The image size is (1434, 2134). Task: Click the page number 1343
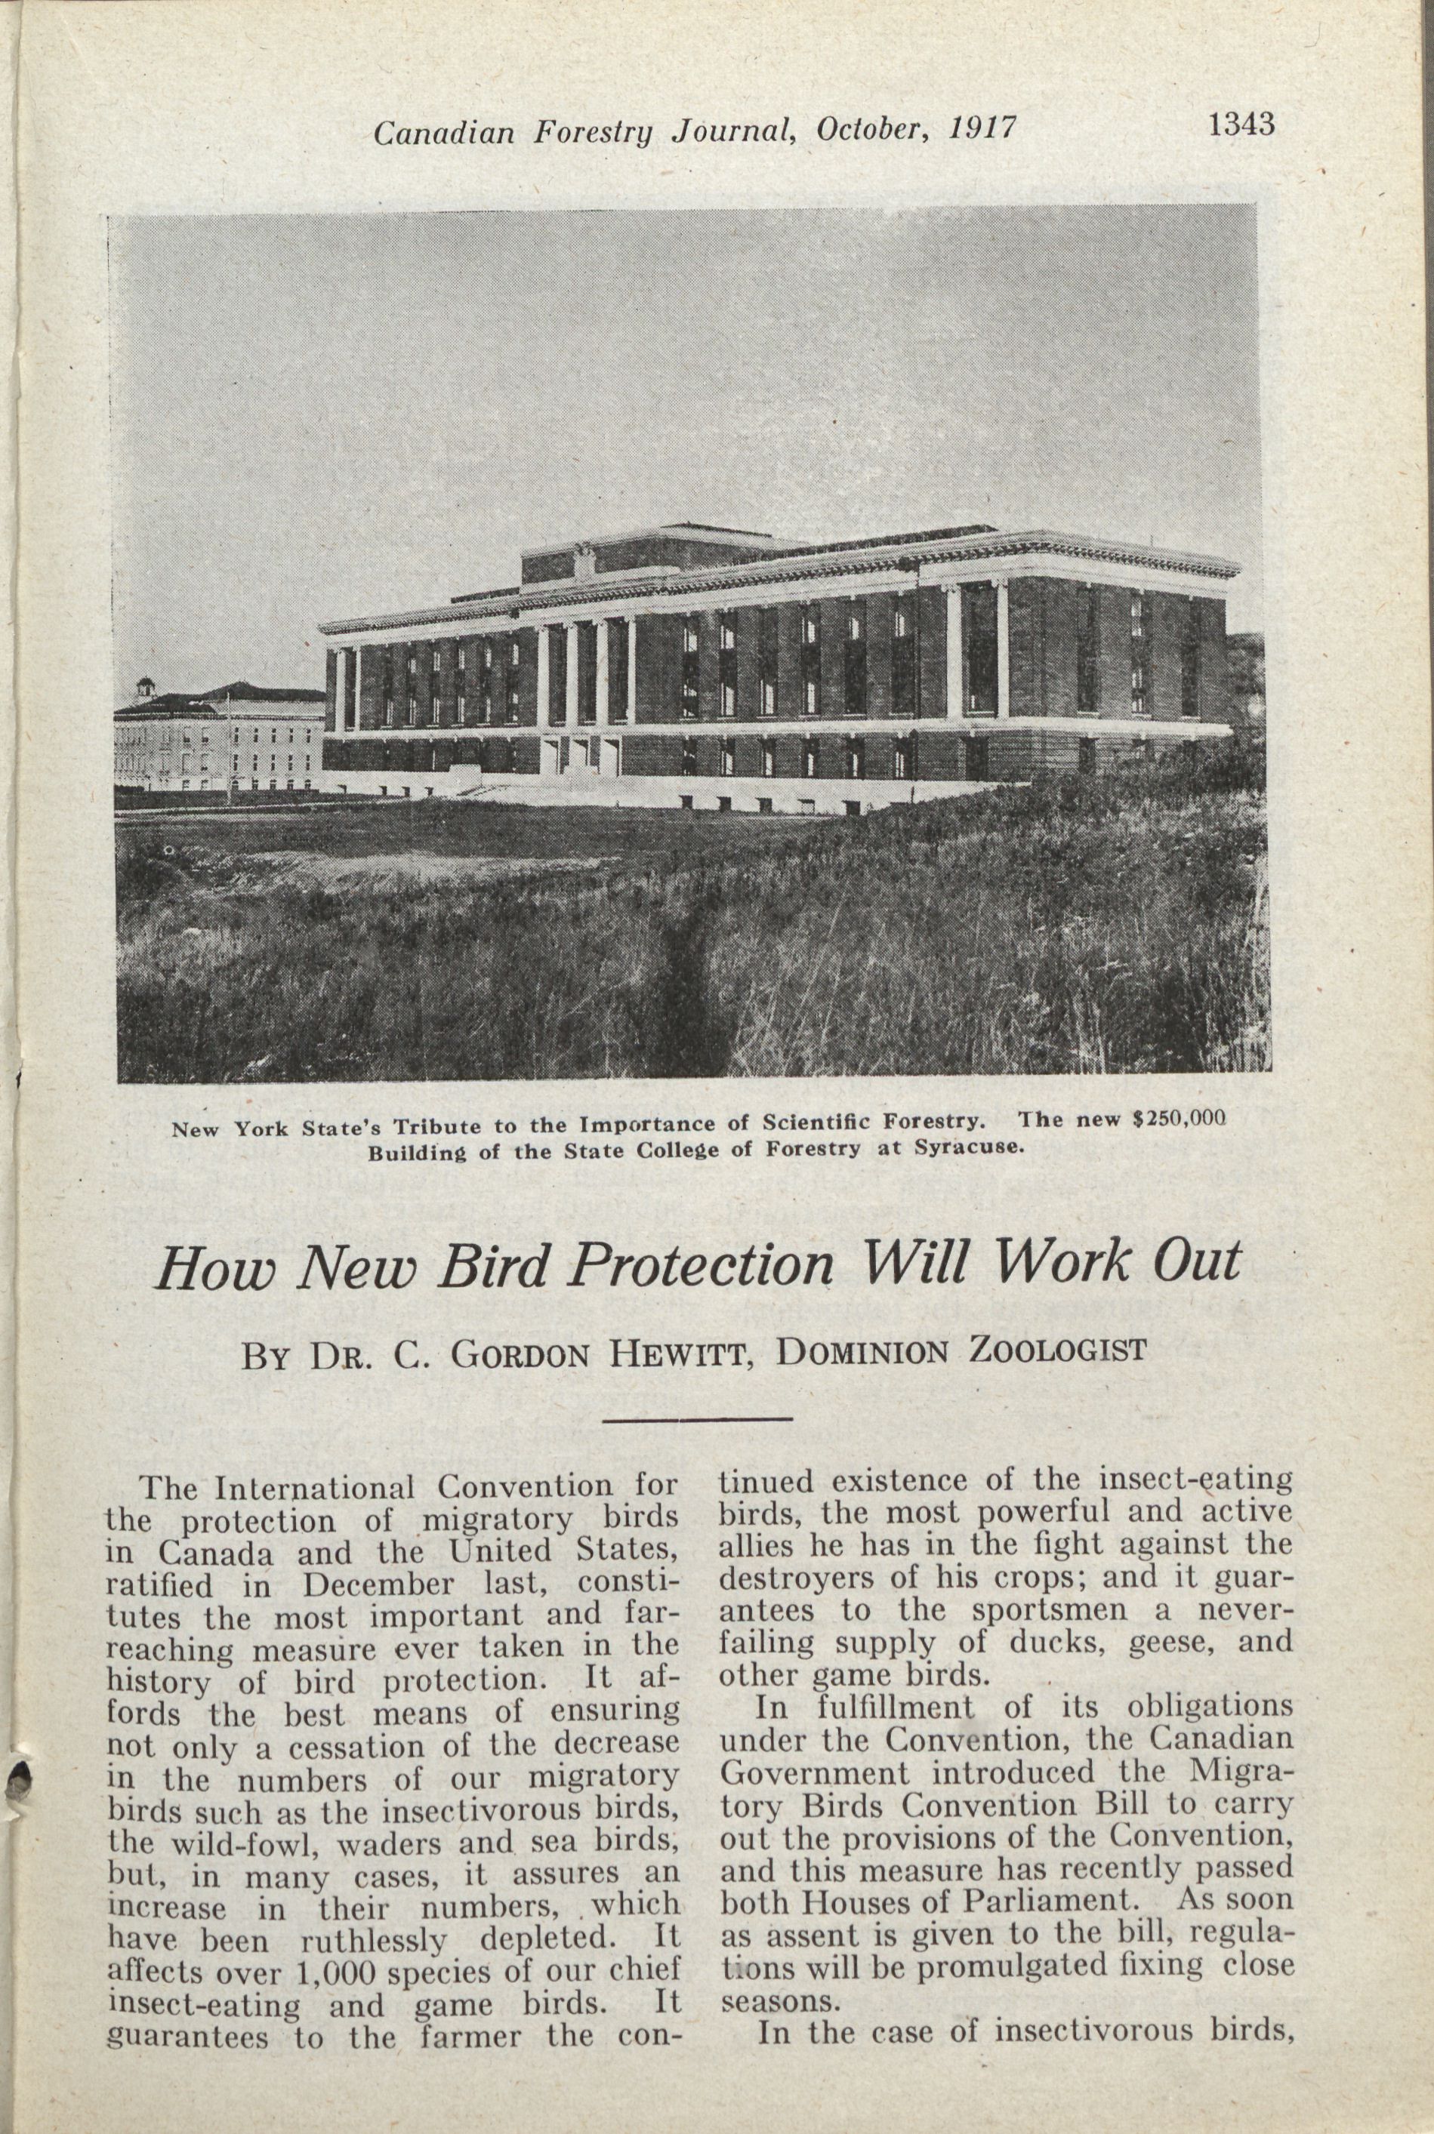click(1241, 125)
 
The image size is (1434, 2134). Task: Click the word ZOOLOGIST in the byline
click(1056, 1350)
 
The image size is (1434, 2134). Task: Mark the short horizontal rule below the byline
click(697, 1420)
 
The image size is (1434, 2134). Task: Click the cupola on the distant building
click(144, 688)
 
